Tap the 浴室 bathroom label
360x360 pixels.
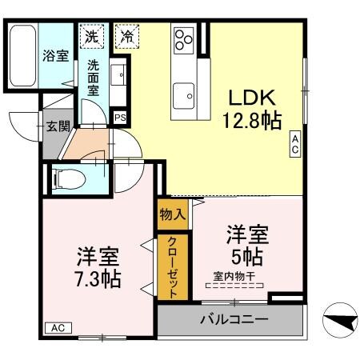point(54,56)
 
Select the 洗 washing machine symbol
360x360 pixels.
point(92,36)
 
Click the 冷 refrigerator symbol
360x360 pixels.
point(126,36)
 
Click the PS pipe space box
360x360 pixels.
point(120,118)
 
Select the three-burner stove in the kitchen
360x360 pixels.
point(184,38)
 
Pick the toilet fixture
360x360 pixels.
point(70,176)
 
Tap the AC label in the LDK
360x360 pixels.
point(294,144)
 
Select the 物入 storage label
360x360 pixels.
point(172,214)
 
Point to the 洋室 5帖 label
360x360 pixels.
point(246,245)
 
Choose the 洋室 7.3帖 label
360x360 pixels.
point(98,269)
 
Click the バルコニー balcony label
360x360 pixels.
point(234,320)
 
